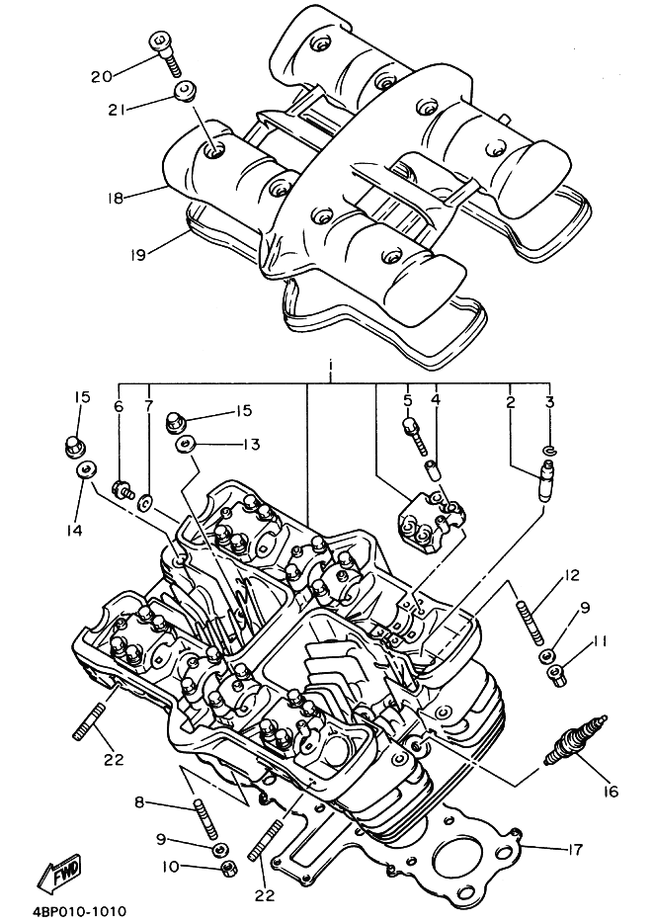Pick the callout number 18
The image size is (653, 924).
click(117, 197)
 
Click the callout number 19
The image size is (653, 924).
click(137, 254)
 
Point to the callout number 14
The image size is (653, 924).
click(75, 530)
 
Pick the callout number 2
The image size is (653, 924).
click(510, 401)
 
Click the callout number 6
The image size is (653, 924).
click(119, 406)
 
